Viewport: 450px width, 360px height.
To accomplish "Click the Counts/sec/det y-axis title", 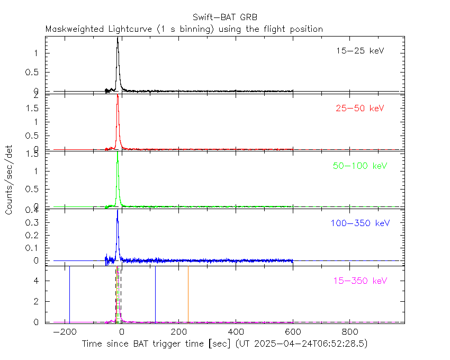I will [x=10, y=180].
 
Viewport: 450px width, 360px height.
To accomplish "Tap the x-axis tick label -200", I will [x=65, y=332].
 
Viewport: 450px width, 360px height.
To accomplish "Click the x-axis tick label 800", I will [x=349, y=332].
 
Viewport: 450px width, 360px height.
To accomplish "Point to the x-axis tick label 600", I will [x=293, y=332].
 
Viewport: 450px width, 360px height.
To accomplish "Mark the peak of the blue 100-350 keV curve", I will [x=118, y=210].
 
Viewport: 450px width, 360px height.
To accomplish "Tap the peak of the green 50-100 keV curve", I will [x=118, y=154].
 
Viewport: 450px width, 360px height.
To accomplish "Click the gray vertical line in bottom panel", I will [x=188, y=294].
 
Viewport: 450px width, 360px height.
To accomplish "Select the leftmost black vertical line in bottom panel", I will [x=69, y=294].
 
